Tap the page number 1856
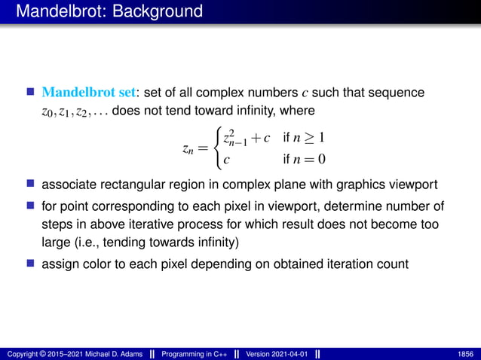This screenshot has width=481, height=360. [465, 352]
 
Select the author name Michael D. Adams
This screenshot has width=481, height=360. [97, 352]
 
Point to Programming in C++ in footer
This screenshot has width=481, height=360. [199, 352]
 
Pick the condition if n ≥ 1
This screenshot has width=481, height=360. [302, 139]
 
